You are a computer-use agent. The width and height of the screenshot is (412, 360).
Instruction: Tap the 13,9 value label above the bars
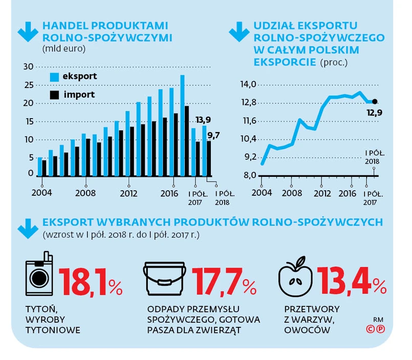click(x=204, y=120)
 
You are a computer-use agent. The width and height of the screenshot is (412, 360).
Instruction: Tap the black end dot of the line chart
click(x=375, y=102)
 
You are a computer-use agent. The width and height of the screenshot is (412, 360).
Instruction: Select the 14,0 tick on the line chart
click(x=247, y=84)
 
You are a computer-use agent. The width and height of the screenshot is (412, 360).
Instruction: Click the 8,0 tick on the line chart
click(x=248, y=175)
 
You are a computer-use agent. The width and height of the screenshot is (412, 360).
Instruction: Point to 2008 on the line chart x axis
click(x=292, y=193)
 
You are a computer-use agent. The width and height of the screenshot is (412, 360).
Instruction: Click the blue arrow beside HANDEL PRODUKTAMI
click(x=26, y=32)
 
